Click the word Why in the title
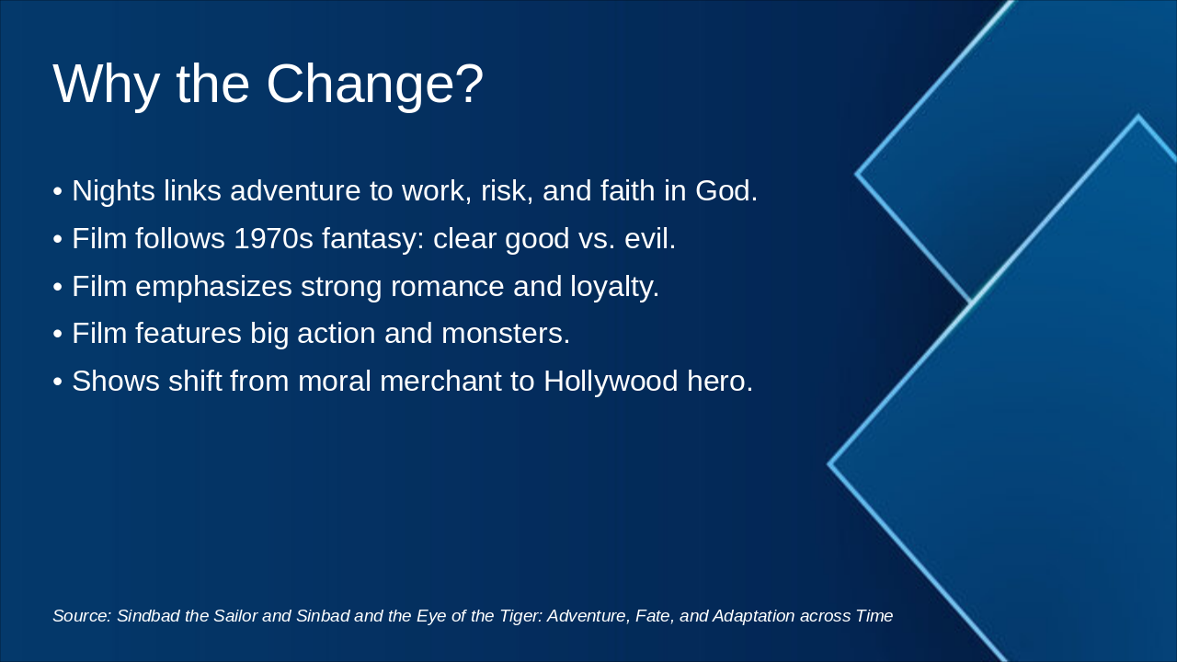click(x=106, y=84)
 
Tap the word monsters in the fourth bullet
click(x=505, y=334)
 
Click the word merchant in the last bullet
click(x=451, y=382)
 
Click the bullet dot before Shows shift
click(x=57, y=382)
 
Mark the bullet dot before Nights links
click(x=57, y=191)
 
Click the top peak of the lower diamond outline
click(x=1138, y=117)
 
